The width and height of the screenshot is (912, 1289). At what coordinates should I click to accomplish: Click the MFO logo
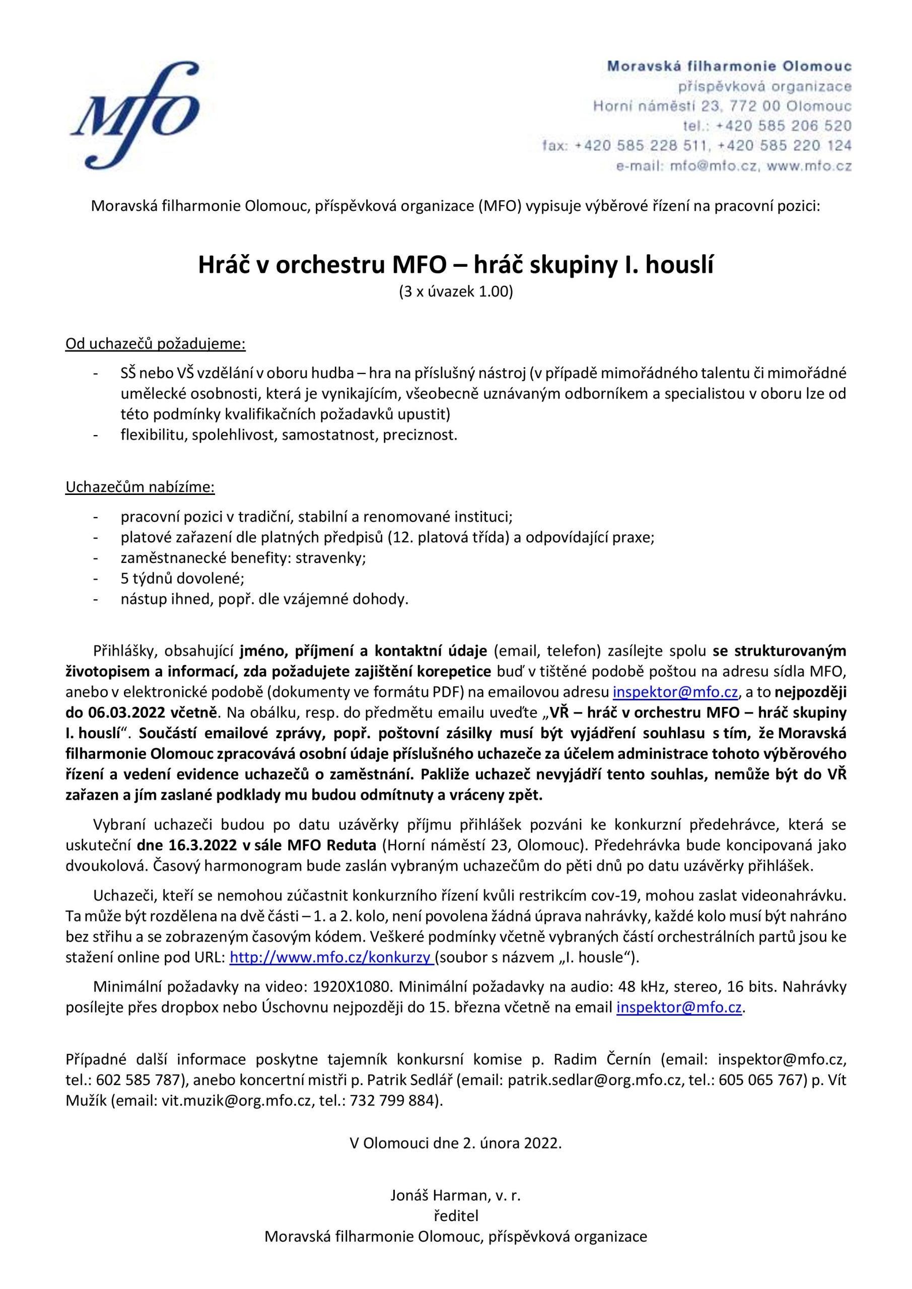point(135,116)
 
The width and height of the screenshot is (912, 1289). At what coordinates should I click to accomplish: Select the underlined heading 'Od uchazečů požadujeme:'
point(156,343)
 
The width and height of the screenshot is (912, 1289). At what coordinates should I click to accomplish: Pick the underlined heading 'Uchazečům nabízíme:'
point(140,487)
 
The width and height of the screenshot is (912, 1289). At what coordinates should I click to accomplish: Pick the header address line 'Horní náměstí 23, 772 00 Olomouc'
point(722,106)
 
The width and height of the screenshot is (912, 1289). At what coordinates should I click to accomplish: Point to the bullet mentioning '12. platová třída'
point(387,537)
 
